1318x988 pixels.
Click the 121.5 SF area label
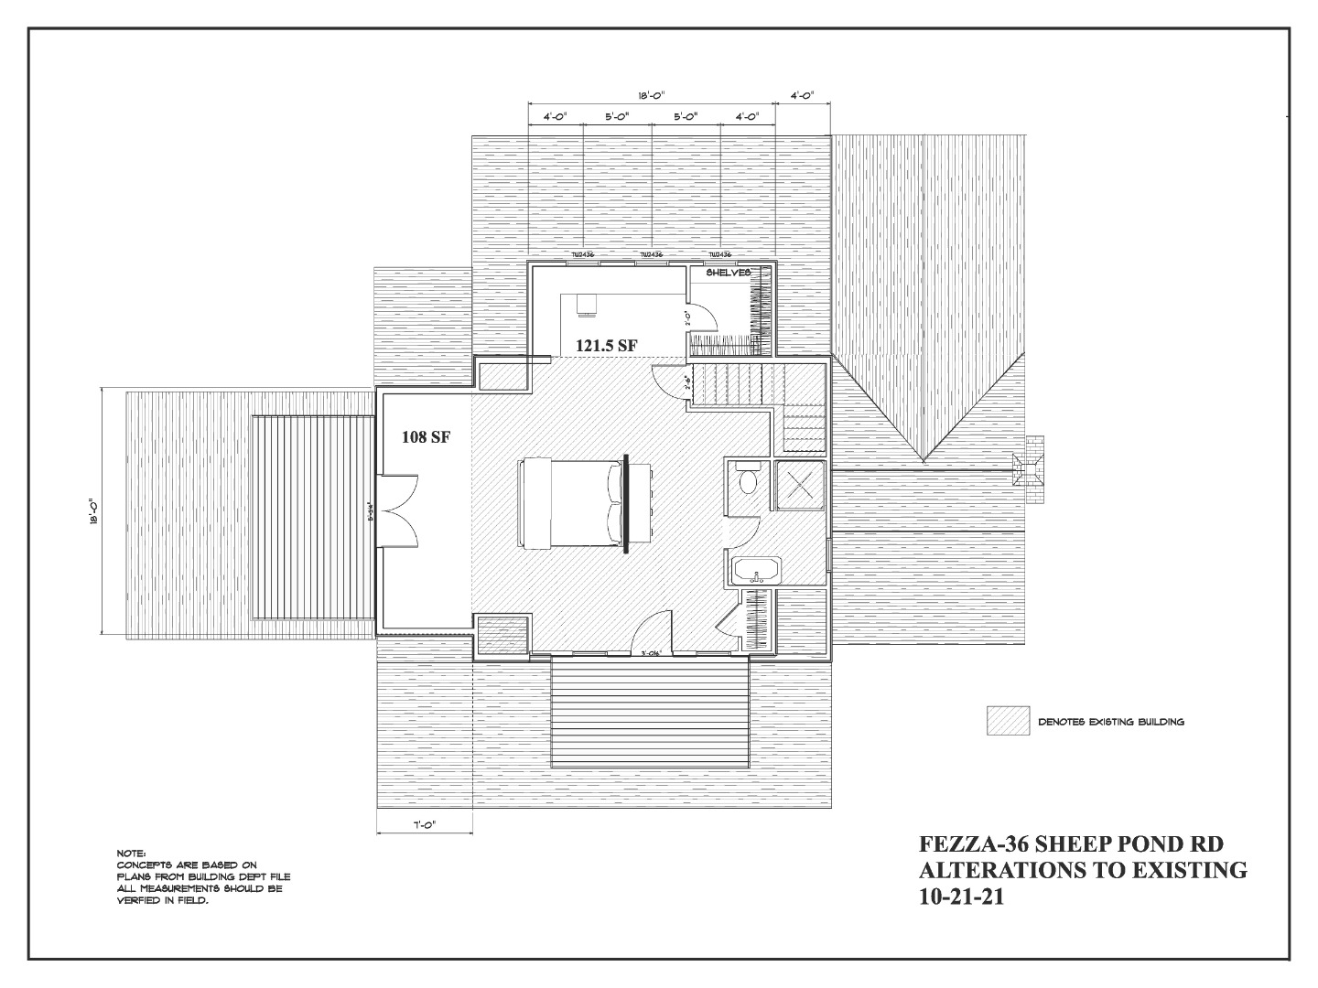tap(605, 345)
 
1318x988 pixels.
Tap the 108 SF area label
tap(426, 437)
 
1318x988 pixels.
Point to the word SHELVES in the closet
tap(729, 273)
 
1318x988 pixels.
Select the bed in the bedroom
tap(569, 504)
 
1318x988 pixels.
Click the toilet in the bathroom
tap(746, 479)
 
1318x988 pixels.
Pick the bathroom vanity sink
tap(756, 570)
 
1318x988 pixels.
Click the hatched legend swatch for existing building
tap(1008, 721)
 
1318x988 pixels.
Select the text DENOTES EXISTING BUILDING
tap(1110, 722)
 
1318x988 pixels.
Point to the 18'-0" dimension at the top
tap(652, 95)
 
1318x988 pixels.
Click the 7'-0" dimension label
tap(424, 825)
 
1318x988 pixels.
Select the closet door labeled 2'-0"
tap(700, 317)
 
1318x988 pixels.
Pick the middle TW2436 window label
tap(651, 255)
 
